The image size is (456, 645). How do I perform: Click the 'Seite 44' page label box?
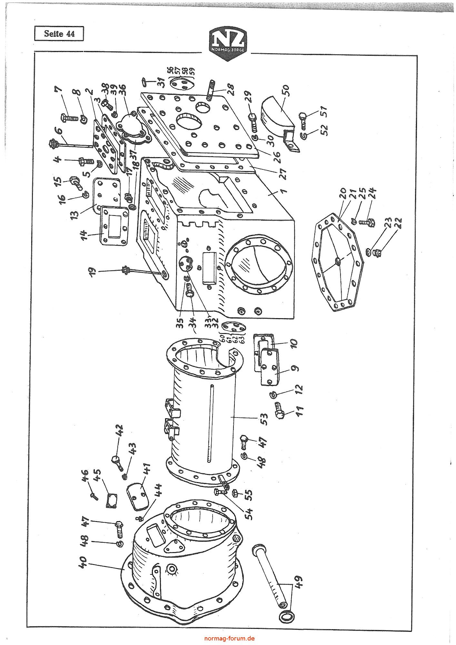[59, 34]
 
